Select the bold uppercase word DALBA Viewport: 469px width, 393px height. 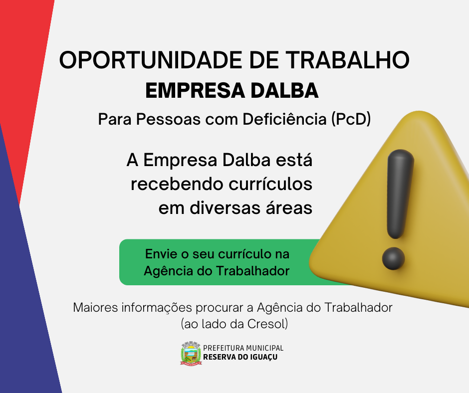(284, 90)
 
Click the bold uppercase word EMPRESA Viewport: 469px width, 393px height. (195, 90)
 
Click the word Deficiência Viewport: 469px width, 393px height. (284, 119)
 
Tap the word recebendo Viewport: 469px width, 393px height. (177, 184)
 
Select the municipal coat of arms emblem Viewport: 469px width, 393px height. (191, 353)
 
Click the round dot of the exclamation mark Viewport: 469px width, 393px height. (393, 258)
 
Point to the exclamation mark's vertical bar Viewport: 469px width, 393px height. (400, 194)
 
